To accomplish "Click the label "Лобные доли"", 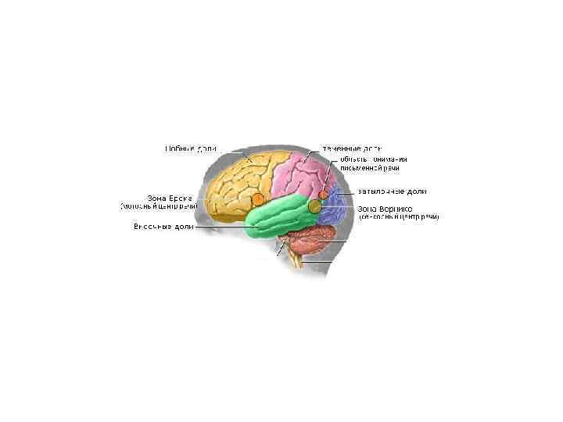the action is (x=191, y=147).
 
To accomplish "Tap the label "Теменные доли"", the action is (x=352, y=147).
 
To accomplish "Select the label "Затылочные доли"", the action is (x=392, y=191).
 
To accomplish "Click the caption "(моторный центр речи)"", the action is (x=156, y=207).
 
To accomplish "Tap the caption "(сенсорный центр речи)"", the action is (x=399, y=217).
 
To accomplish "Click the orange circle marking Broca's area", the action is (x=258, y=199).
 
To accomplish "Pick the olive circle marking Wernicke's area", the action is (x=315, y=206).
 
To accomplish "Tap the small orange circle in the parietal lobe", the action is (x=323, y=194).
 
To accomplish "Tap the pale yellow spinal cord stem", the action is (x=297, y=260).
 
